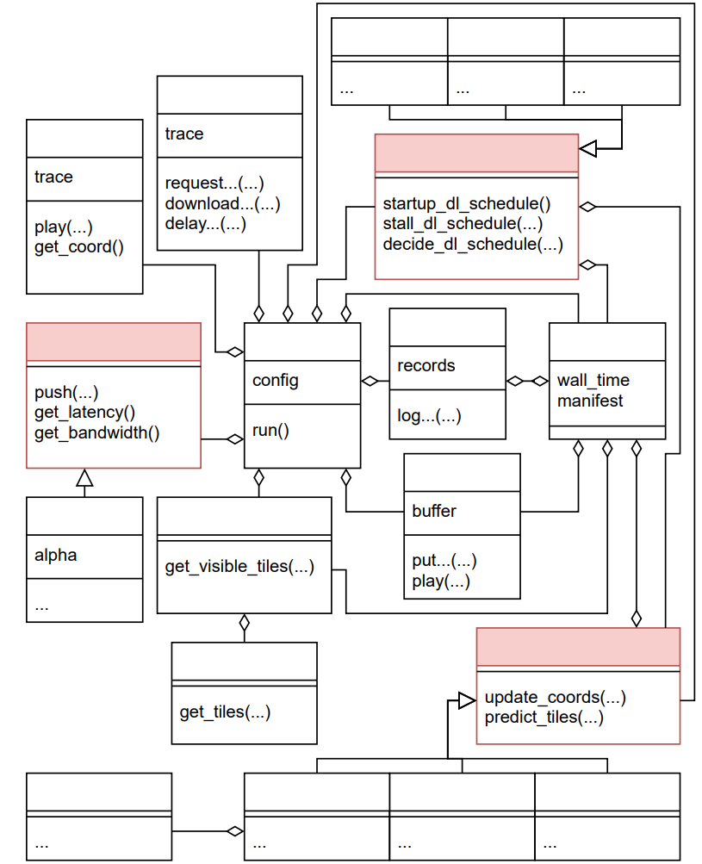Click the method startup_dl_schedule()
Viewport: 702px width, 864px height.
point(467,204)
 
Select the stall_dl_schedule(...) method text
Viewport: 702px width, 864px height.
point(463,224)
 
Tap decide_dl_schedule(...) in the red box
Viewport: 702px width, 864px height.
point(473,244)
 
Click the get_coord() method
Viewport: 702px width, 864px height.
point(78,247)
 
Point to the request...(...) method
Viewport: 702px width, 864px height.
point(214,183)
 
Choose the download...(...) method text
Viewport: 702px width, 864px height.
point(222,203)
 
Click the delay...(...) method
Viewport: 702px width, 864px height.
point(206,224)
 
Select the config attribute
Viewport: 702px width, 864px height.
point(276,380)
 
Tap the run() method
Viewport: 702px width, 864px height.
point(270,431)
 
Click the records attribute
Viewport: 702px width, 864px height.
point(426,366)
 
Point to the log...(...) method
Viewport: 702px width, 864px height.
point(429,416)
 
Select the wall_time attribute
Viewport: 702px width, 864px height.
point(593,380)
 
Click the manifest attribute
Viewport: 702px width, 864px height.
point(590,401)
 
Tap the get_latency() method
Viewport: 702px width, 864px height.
point(85,412)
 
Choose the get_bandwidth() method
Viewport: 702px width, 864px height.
point(97,432)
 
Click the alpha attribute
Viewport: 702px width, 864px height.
point(56,555)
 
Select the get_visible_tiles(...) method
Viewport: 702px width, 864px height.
point(239,567)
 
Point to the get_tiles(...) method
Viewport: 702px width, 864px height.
point(225,712)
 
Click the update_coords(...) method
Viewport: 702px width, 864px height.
point(556,697)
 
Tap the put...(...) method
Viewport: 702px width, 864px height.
point(444,561)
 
